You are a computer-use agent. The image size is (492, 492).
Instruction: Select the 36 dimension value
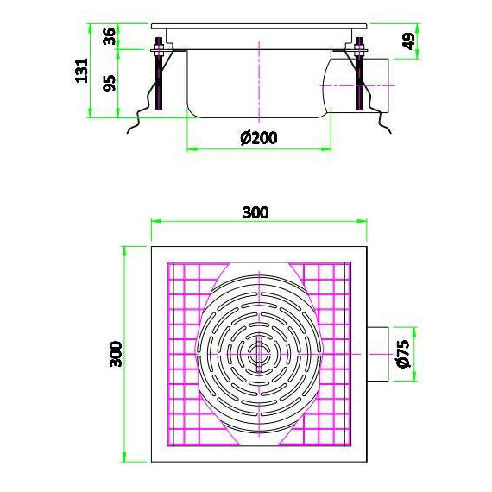(x=110, y=37)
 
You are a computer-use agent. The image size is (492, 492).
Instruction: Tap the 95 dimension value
(x=110, y=84)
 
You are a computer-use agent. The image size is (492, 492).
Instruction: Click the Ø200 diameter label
(x=259, y=136)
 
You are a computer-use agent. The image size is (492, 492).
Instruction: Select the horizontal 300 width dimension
(x=256, y=211)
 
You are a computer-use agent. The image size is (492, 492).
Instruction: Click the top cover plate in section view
(x=259, y=28)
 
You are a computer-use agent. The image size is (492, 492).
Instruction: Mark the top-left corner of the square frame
(x=152, y=246)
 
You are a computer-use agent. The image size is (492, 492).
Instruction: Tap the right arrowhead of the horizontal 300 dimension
(x=362, y=220)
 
